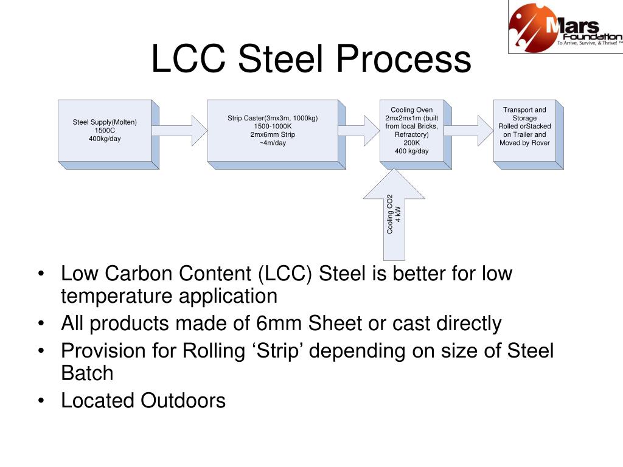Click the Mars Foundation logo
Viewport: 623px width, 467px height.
566,27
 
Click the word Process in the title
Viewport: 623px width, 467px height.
404,59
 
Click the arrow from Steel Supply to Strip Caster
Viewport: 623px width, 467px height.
179,131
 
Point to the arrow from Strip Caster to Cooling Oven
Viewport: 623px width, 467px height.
359,131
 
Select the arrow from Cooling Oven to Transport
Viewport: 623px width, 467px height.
468,131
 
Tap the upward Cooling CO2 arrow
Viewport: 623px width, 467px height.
394,215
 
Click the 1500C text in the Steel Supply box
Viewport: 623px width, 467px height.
105,130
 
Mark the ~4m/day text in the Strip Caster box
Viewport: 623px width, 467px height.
273,143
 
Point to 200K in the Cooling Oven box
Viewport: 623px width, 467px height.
412,143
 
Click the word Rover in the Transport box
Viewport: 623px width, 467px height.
541,143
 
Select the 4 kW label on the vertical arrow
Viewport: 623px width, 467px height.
398,215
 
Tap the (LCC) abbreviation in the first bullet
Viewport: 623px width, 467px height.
285,274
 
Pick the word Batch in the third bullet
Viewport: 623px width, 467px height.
87,373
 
